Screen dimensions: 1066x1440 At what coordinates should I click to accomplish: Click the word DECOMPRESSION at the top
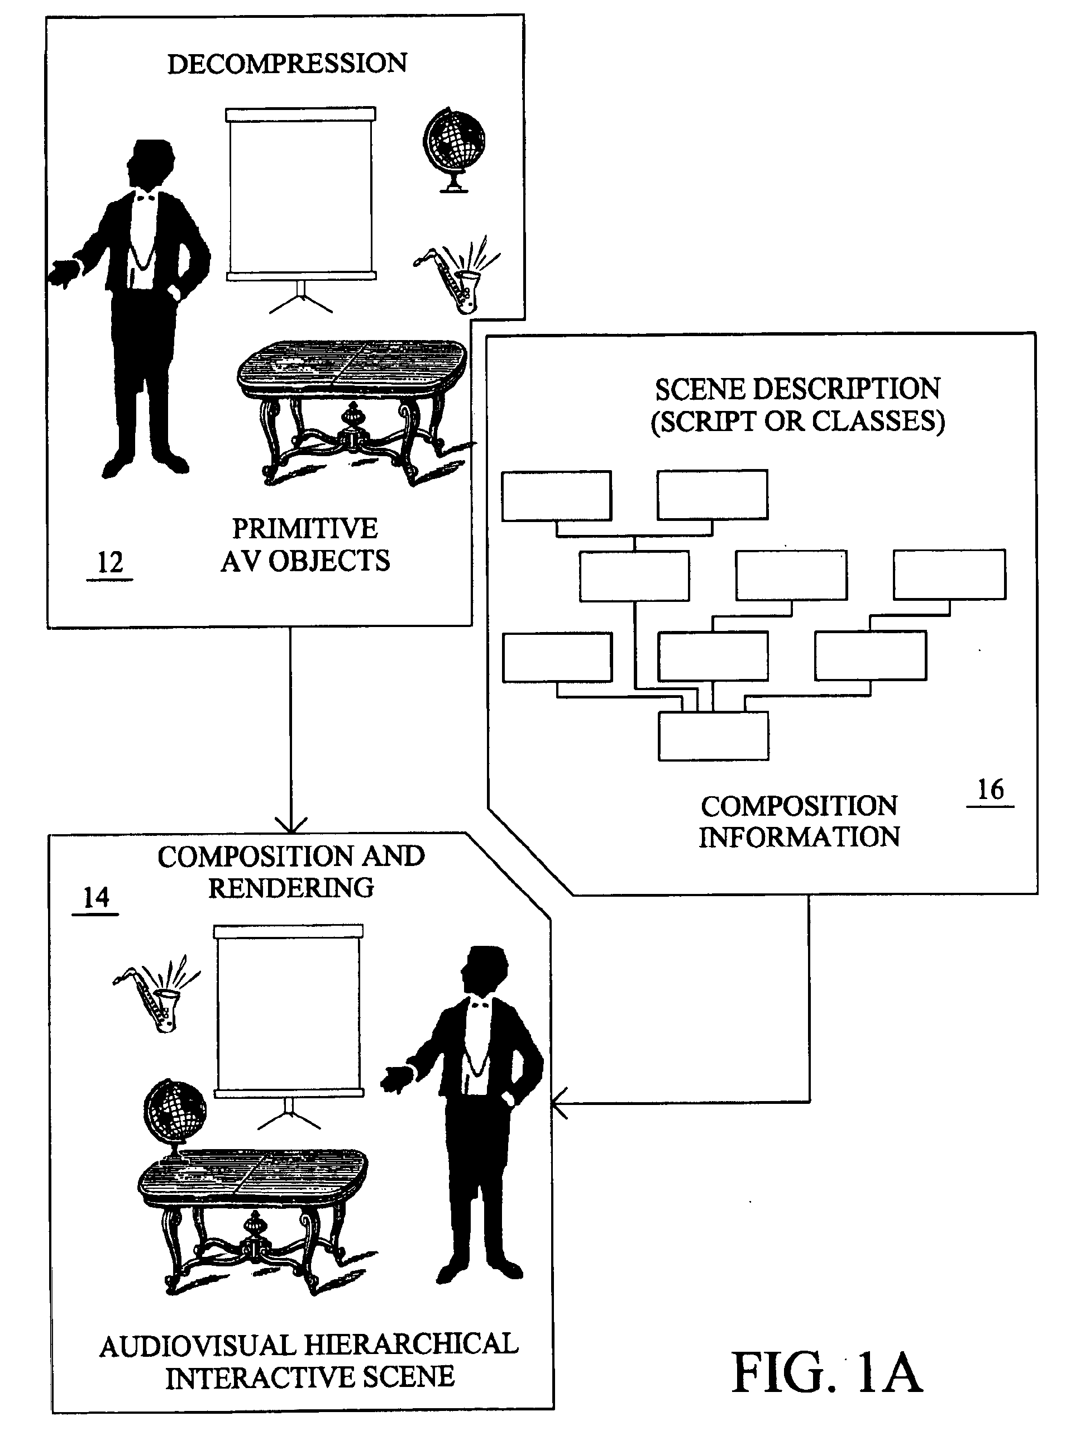click(x=287, y=64)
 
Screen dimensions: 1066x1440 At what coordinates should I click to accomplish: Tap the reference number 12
click(x=109, y=563)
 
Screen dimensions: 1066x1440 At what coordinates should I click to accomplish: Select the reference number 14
click(x=96, y=897)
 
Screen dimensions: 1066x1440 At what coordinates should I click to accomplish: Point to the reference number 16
click(x=990, y=790)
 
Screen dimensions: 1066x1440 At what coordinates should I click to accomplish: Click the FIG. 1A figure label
click(x=826, y=1373)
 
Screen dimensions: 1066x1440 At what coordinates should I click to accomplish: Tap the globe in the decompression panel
click(x=455, y=150)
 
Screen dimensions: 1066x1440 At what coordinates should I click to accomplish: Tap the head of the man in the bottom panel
click(x=485, y=970)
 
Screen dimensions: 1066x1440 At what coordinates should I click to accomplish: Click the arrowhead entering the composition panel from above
click(x=291, y=825)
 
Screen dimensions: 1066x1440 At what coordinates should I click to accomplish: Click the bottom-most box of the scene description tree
click(x=713, y=736)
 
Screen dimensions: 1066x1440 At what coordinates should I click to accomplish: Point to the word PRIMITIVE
click(x=304, y=529)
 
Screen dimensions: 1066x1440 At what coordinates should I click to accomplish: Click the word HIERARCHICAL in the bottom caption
click(x=411, y=1345)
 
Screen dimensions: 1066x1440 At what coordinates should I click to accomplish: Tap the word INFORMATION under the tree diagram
click(x=799, y=838)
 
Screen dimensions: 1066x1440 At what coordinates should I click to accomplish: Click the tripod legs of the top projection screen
click(x=300, y=298)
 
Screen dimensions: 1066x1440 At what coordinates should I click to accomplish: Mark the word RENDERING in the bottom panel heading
click(x=291, y=888)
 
